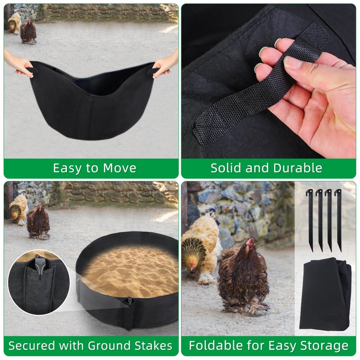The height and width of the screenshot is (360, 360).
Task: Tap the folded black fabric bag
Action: (x=325, y=295)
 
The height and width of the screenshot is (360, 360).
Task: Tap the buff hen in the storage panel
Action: (x=200, y=247)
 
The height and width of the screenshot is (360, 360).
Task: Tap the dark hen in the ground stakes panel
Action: (x=38, y=221)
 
